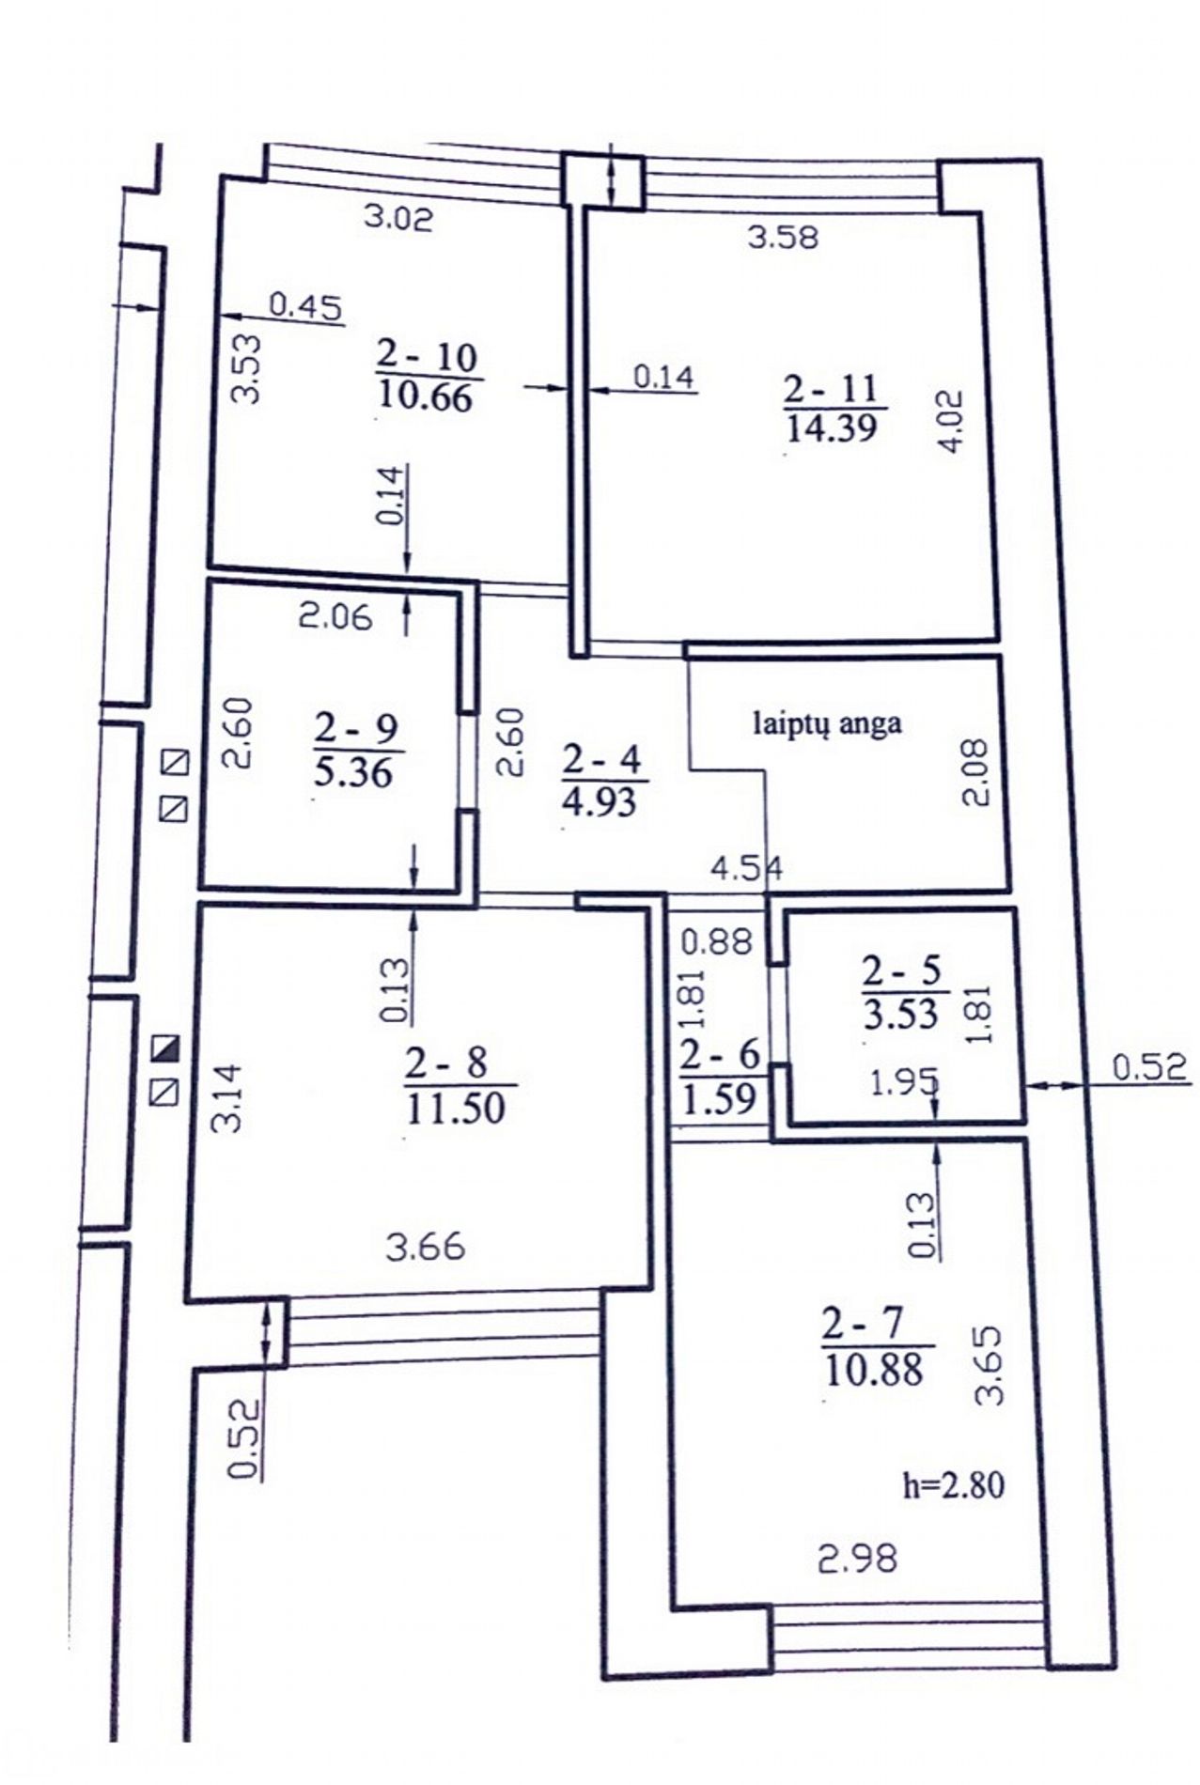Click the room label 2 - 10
point(427,356)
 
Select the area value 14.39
point(831,428)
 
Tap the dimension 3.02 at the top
point(398,218)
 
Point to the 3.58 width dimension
point(783,236)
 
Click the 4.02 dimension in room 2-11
point(952,422)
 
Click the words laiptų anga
point(827,723)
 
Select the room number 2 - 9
point(356,728)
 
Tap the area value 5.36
point(353,773)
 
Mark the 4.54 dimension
point(746,867)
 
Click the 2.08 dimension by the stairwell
point(975,772)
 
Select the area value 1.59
point(719,1099)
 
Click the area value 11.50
point(456,1108)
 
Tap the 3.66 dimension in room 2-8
point(426,1247)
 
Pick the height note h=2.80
point(953,1485)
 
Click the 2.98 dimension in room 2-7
point(857,1560)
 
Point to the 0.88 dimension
point(716,941)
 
